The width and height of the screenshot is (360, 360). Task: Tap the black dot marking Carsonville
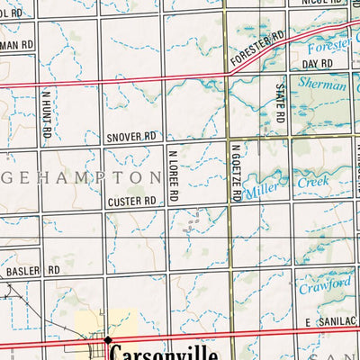(108, 340)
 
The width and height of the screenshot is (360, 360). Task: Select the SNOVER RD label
(130, 137)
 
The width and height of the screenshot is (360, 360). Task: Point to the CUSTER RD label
(130, 202)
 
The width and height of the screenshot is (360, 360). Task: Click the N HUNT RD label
(46, 117)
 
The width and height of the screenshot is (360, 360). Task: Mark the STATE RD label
(281, 103)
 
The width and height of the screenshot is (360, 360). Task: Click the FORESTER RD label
(257, 50)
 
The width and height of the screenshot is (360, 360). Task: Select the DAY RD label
(317, 65)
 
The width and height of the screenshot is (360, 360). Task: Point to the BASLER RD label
(32, 270)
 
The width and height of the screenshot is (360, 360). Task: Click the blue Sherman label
(326, 86)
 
